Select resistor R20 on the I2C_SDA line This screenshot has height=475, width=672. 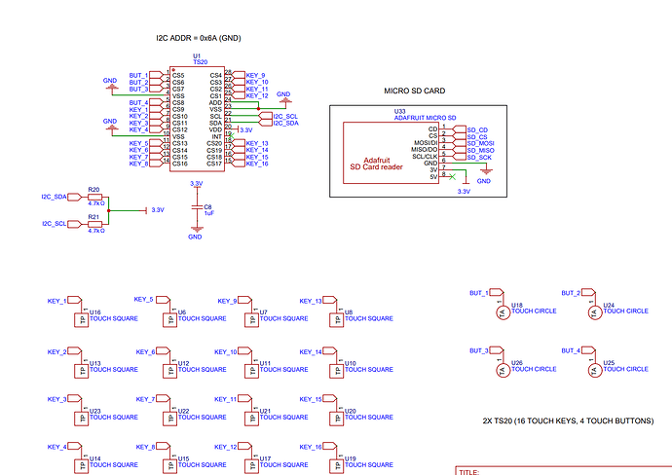(x=94, y=197)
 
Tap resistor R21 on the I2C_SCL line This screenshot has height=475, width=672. (x=94, y=223)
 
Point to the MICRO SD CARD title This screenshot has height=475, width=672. (x=415, y=91)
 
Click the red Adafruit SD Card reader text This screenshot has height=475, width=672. (x=376, y=163)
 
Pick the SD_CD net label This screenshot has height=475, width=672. (x=476, y=129)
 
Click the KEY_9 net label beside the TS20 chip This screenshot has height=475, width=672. (x=256, y=75)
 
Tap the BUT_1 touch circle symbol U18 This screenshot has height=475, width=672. (x=503, y=311)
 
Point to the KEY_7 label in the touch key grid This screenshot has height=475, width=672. (x=144, y=399)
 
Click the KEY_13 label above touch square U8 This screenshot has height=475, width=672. (x=311, y=301)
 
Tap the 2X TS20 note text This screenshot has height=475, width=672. (x=568, y=420)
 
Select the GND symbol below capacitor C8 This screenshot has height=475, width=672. (x=196, y=235)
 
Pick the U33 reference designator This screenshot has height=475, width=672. (x=399, y=111)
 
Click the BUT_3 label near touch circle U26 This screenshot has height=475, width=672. (x=479, y=350)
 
